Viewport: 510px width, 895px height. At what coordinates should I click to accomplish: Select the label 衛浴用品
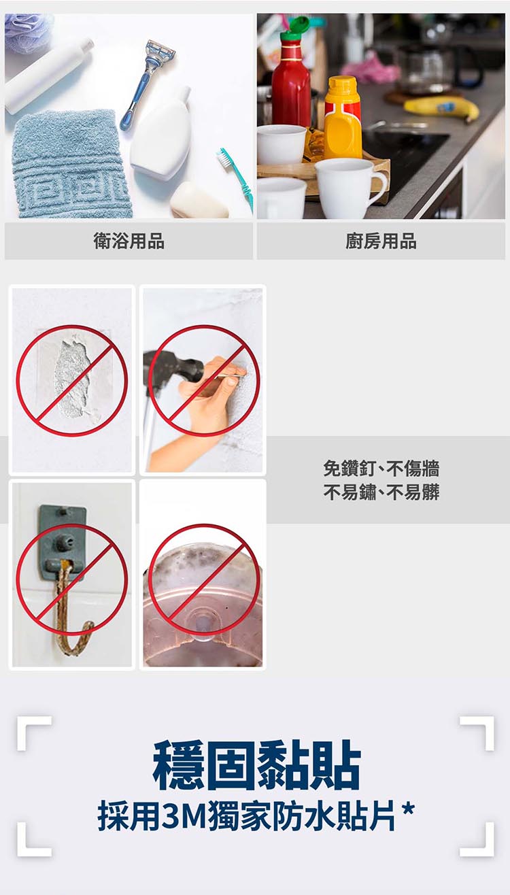(x=129, y=241)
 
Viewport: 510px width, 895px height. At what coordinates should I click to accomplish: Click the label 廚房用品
(x=381, y=241)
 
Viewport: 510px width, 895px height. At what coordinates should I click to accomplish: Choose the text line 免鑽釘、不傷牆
(x=381, y=468)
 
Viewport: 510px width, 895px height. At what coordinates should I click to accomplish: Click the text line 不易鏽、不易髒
(x=381, y=492)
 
